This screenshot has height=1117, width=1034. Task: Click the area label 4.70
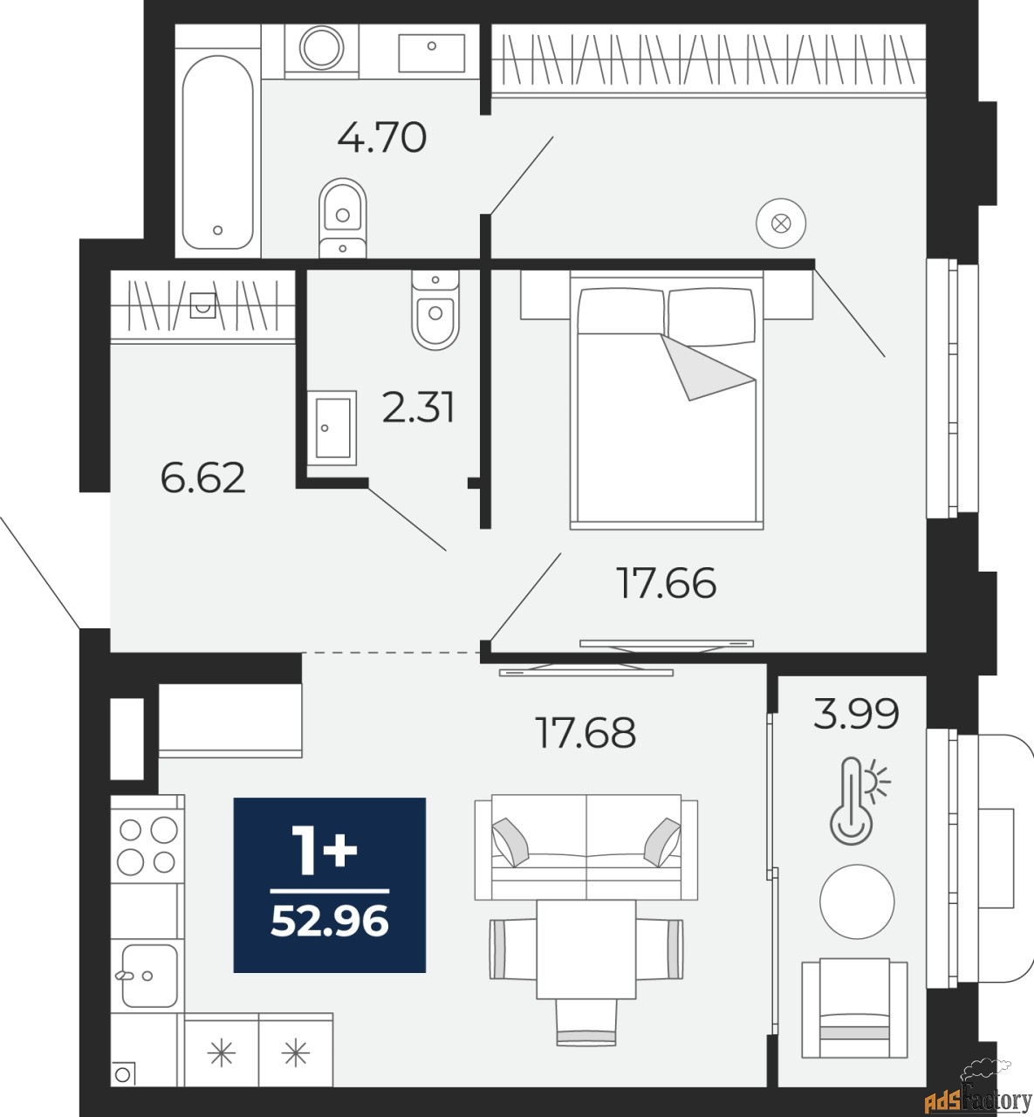[381, 138]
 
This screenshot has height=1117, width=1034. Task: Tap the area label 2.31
[419, 408]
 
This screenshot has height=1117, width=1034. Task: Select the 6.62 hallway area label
[203, 478]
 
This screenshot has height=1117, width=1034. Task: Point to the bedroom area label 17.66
[667, 583]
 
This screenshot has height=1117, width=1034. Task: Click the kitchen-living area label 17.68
[585, 733]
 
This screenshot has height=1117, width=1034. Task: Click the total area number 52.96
[330, 922]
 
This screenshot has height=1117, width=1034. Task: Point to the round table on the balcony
[857, 901]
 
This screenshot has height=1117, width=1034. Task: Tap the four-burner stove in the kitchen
[147, 844]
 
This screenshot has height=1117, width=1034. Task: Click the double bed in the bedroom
[667, 401]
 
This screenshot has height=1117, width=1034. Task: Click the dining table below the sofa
[585, 949]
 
